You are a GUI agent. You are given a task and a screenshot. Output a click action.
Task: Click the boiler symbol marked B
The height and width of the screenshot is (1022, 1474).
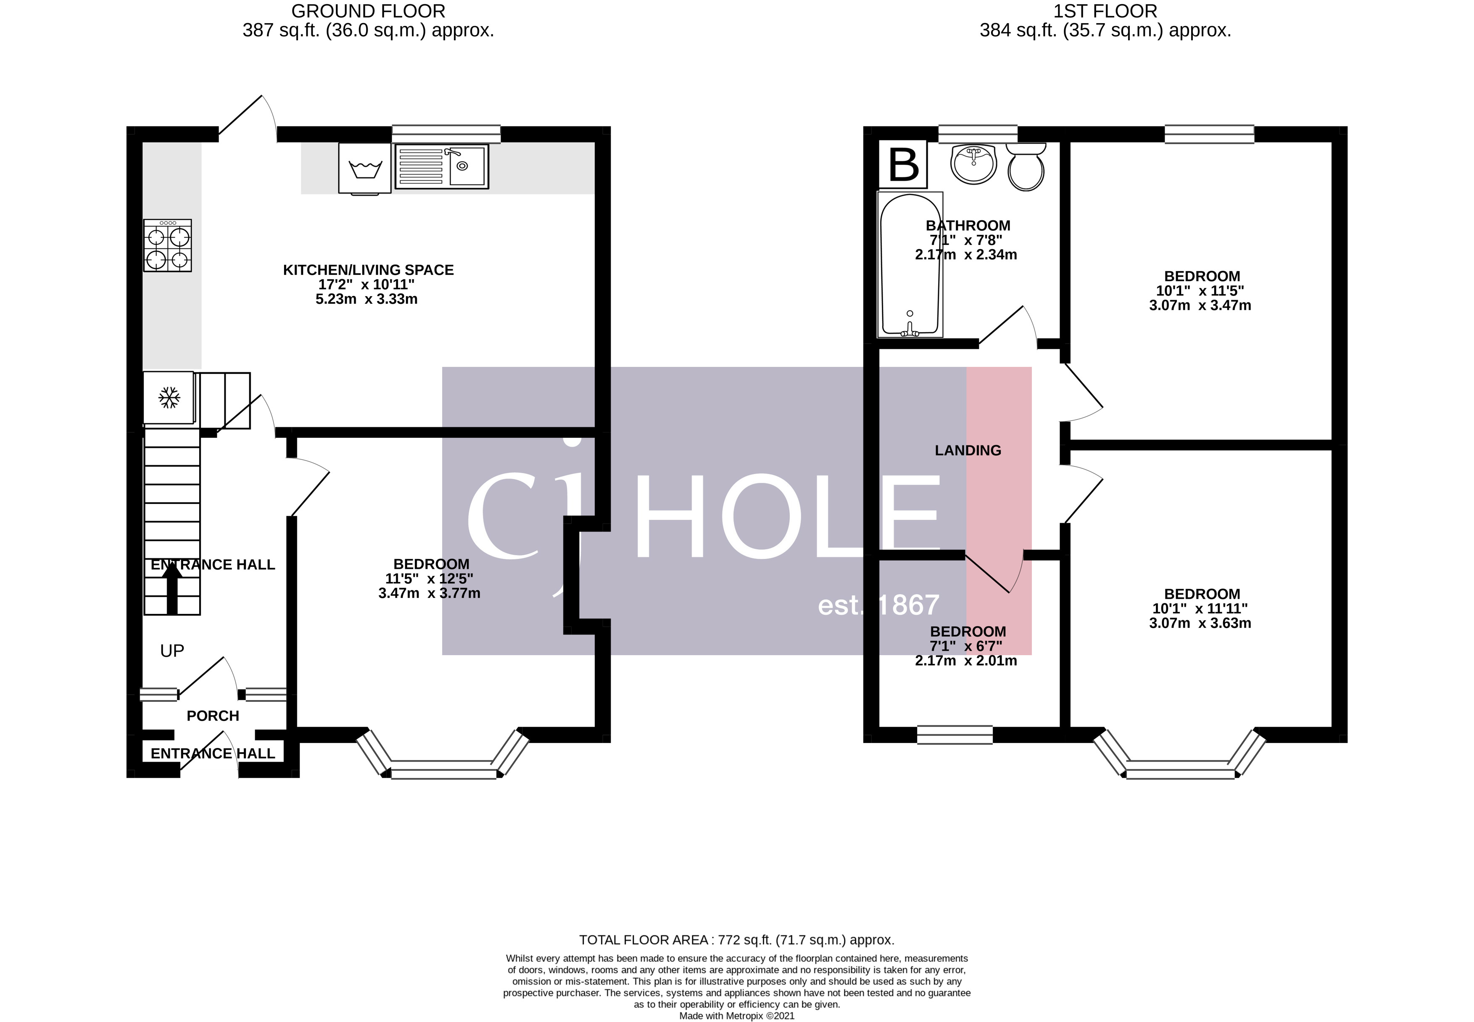(903, 164)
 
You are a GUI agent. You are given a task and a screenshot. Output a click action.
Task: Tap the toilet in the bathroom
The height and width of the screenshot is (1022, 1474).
(1026, 168)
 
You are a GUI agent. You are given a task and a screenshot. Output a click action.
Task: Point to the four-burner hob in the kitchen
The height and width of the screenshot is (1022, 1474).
(167, 246)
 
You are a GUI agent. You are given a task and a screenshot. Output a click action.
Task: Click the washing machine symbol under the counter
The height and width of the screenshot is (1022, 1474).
(364, 168)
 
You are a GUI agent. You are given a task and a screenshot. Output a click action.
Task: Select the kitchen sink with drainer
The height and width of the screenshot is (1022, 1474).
(442, 166)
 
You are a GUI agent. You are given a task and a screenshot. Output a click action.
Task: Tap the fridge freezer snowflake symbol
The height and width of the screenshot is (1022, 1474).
(169, 398)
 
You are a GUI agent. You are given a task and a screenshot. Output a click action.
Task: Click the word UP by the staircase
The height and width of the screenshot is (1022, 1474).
(171, 651)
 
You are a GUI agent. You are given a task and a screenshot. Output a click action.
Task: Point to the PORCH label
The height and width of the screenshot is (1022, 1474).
(213, 716)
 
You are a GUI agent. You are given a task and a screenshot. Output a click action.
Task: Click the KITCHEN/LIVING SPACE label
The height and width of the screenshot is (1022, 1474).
(368, 270)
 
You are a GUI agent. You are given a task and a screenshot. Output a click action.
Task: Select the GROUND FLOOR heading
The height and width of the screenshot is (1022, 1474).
(368, 11)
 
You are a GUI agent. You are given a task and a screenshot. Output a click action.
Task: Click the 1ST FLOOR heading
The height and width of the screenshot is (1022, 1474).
(1105, 11)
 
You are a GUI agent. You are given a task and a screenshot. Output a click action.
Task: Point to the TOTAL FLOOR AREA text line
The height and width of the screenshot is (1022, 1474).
(736, 940)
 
